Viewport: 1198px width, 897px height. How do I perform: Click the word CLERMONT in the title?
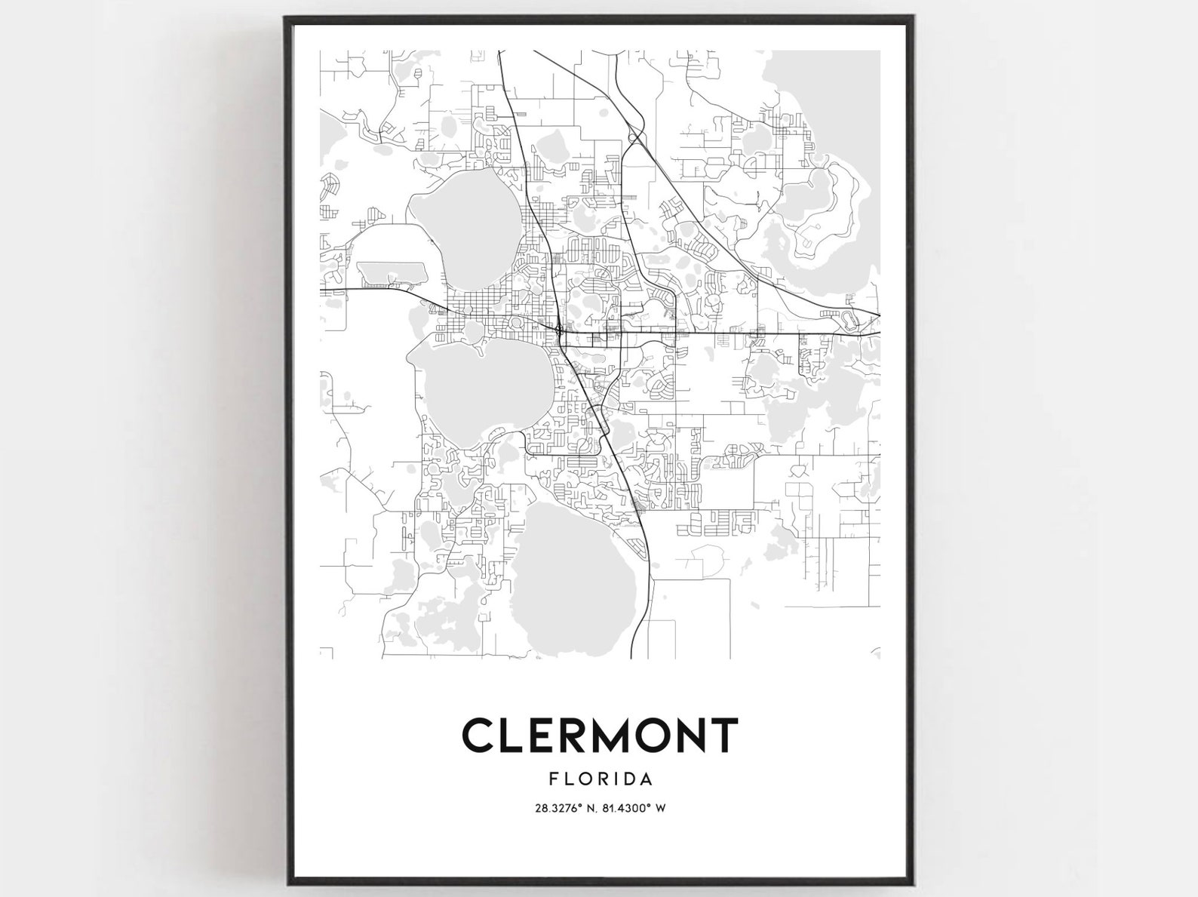coord(600,736)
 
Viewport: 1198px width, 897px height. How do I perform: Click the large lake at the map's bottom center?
coord(577,581)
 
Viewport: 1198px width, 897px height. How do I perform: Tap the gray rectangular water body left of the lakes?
coord(391,271)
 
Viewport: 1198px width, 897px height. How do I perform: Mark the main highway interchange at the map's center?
coord(558,330)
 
